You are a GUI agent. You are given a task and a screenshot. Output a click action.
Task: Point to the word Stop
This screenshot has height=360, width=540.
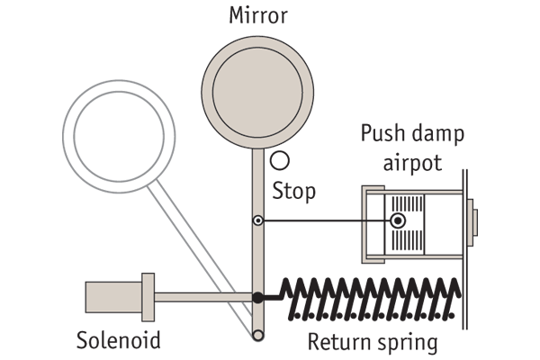click(294, 192)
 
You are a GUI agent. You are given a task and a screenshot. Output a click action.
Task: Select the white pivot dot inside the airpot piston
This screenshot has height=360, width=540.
click(397, 220)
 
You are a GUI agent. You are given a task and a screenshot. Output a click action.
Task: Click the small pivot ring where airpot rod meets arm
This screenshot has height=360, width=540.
click(257, 220)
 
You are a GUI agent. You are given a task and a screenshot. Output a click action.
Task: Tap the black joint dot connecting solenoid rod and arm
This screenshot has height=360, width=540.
click(257, 296)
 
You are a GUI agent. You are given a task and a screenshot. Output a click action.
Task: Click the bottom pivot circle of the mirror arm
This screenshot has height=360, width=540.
click(258, 335)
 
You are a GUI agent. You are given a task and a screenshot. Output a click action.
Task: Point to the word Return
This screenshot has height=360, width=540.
click(338, 343)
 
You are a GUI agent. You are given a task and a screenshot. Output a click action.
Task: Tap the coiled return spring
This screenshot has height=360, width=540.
click(369, 299)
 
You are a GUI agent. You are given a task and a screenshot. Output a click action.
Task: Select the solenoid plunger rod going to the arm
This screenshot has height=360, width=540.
click(202, 296)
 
